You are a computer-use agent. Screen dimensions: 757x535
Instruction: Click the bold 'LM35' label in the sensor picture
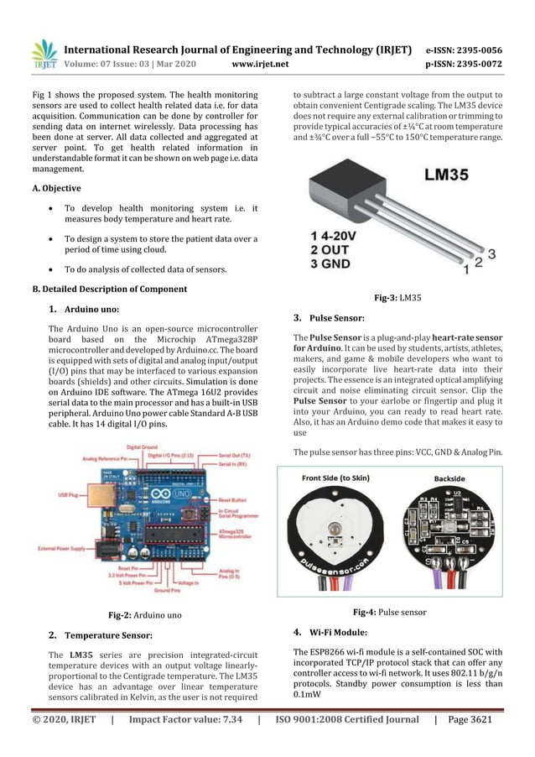[457, 176]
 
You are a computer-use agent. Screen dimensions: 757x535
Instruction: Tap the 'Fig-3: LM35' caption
[397, 298]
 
